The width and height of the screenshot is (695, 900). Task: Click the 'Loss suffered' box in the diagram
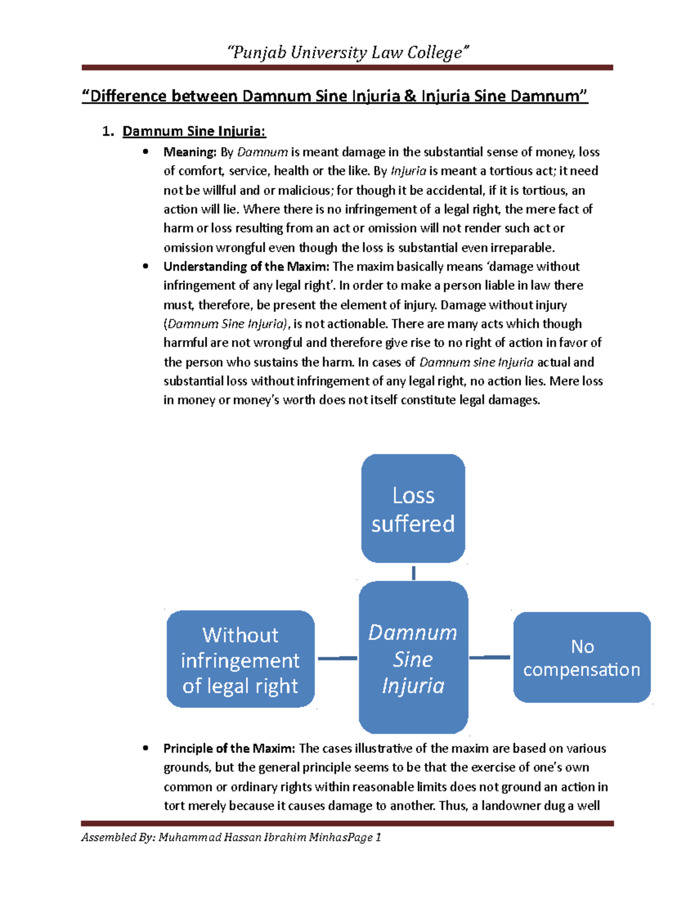(413, 508)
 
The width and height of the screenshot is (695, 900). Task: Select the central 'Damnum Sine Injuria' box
(413, 658)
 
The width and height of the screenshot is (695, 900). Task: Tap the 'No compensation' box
(581, 657)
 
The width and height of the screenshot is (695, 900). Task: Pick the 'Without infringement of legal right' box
(240, 659)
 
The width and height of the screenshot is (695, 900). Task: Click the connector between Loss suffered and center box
(414, 573)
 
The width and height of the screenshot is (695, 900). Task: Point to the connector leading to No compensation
(490, 657)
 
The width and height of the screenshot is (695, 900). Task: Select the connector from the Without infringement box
(337, 658)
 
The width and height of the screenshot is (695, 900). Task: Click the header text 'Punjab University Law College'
(348, 53)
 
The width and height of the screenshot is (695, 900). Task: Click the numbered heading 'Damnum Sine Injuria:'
(194, 131)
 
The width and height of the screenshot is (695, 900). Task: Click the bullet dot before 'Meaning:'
(146, 152)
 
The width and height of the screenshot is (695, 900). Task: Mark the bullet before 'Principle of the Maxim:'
(146, 748)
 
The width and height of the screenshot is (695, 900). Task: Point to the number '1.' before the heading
(108, 131)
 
